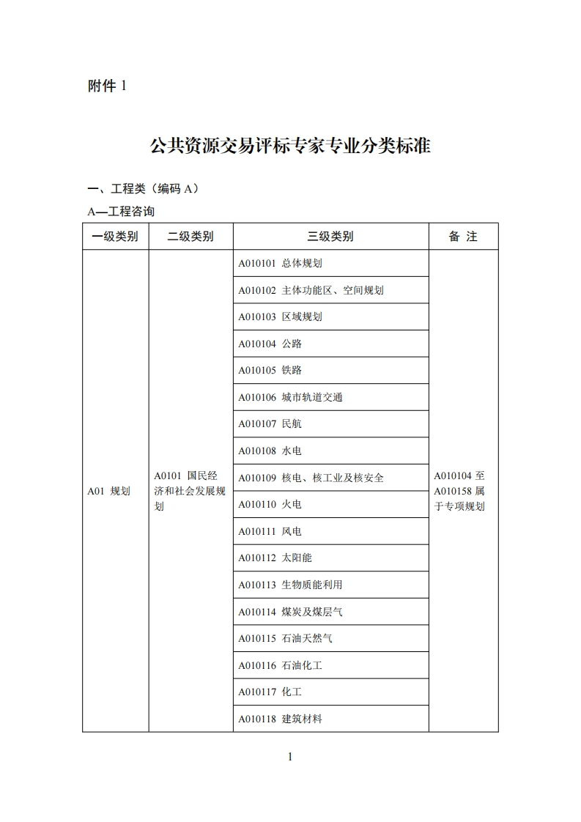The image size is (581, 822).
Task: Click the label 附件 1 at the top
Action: click(107, 86)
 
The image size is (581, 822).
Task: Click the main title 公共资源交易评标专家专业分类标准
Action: click(290, 145)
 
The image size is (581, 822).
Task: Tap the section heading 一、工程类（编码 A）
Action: click(143, 189)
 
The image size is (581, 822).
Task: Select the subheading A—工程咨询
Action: click(121, 212)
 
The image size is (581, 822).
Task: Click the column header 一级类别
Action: click(115, 237)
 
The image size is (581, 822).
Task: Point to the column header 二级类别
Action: click(190, 237)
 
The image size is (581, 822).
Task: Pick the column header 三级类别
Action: click(330, 237)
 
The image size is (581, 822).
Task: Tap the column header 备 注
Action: click(463, 237)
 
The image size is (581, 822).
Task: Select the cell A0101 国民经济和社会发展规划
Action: click(190, 491)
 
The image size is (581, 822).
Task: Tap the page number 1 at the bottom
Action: click(290, 757)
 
